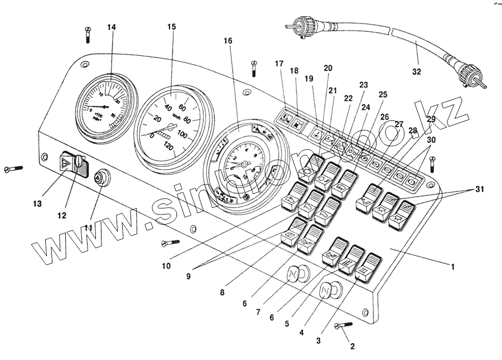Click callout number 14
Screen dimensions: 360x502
tap(112, 28)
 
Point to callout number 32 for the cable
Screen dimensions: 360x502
tap(417, 71)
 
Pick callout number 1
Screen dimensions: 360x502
tap(452, 267)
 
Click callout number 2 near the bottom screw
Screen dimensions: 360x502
tap(352, 346)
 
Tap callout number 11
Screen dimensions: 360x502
tap(88, 228)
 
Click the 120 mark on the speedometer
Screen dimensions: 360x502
tap(167, 146)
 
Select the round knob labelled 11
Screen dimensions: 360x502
tap(100, 177)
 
